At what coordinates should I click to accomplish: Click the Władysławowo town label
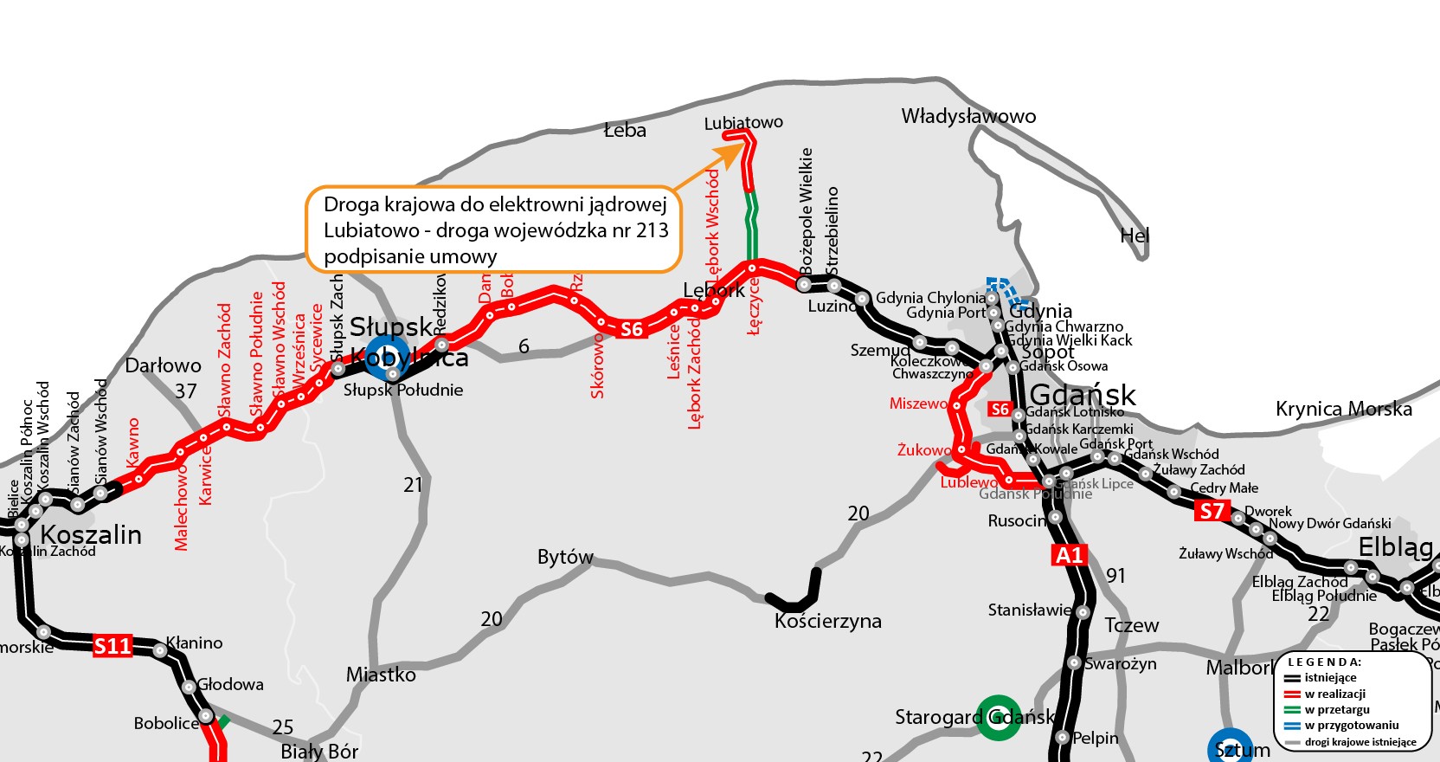(x=968, y=116)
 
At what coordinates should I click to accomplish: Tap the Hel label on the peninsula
(x=1134, y=236)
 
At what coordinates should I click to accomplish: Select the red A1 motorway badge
(x=1070, y=555)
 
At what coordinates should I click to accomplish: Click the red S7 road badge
(x=1212, y=511)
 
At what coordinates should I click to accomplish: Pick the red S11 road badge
(x=112, y=645)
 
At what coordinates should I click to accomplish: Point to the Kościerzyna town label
(x=828, y=621)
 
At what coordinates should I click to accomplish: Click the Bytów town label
(x=565, y=557)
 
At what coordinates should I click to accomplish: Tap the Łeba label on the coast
(x=625, y=131)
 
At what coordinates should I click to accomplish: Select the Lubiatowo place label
(x=743, y=123)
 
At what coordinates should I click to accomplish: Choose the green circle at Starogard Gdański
(x=998, y=718)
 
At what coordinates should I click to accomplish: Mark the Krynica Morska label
(x=1343, y=409)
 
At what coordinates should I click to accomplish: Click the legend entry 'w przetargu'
(x=1337, y=709)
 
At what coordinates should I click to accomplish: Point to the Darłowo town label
(x=163, y=365)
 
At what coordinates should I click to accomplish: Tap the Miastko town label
(x=381, y=675)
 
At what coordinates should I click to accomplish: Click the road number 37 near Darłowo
(x=186, y=391)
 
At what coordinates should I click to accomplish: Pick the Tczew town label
(x=1131, y=625)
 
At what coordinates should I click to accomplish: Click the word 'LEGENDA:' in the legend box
(x=1324, y=662)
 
